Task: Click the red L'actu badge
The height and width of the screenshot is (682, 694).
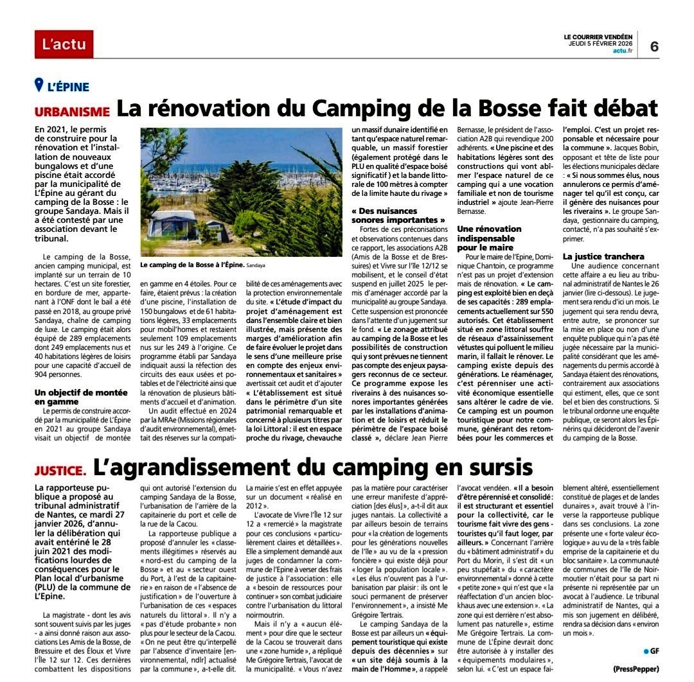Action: click(x=64, y=44)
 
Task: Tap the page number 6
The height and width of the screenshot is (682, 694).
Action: click(x=654, y=46)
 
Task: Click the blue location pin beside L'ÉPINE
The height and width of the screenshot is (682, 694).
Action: click(x=39, y=85)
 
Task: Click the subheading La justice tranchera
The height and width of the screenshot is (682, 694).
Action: click(x=603, y=256)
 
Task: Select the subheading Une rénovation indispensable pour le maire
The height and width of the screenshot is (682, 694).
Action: click(x=490, y=238)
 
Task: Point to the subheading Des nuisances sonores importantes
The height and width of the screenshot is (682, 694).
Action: click(x=398, y=215)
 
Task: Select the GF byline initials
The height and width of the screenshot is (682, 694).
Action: click(x=655, y=651)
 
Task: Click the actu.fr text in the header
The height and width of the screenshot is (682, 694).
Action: click(x=623, y=51)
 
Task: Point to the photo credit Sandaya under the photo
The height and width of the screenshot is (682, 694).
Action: click(x=256, y=265)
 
